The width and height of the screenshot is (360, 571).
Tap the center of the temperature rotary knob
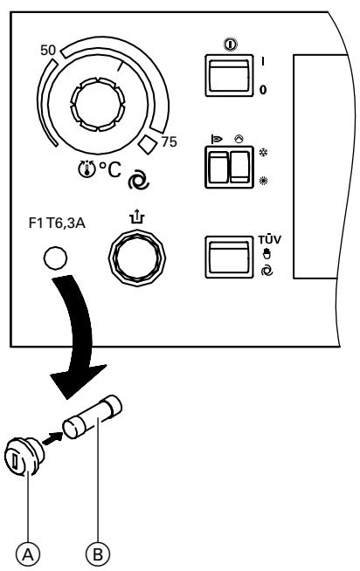pos(105,102)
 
